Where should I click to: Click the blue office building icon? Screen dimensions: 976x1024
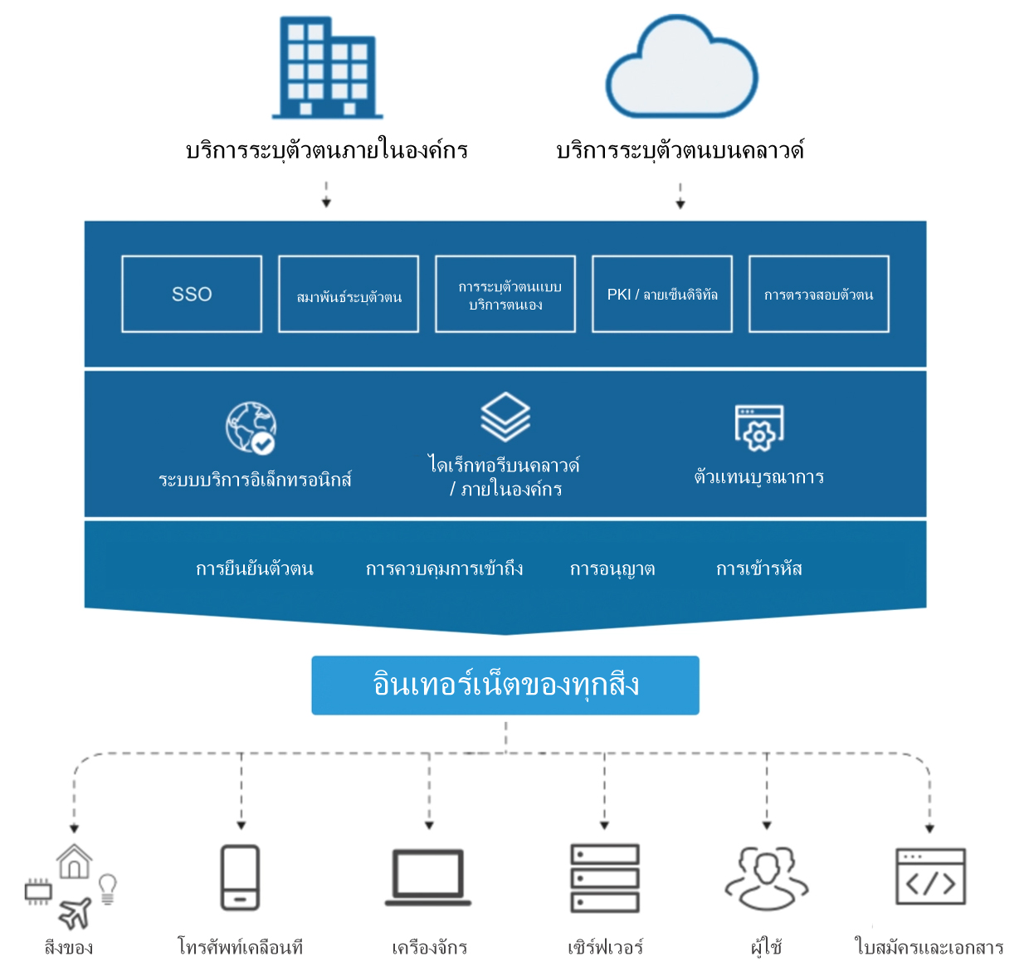[x=328, y=68]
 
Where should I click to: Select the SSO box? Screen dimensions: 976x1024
[x=192, y=294]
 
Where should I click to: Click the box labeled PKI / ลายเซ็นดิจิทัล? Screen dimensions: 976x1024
[x=662, y=294]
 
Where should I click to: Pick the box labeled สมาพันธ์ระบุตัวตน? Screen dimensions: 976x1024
[x=349, y=294]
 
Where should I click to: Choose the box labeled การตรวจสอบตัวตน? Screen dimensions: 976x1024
[x=819, y=294]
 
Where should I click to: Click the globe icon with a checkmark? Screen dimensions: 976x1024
[x=251, y=428]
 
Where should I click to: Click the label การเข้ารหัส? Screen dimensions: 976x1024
[x=759, y=569]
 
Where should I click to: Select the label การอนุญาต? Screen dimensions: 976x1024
[x=612, y=569]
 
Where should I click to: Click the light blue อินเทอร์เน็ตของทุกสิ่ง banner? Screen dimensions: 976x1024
[x=505, y=686]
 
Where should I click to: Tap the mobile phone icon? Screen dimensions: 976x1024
[x=241, y=877]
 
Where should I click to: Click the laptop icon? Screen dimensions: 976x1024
[x=428, y=877]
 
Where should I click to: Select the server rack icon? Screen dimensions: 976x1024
[x=605, y=878]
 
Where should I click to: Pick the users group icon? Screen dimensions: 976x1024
[x=767, y=878]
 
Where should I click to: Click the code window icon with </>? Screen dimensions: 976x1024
[x=930, y=877]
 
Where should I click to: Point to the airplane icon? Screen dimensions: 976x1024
[x=76, y=913]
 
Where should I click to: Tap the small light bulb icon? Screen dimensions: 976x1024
[x=107, y=888]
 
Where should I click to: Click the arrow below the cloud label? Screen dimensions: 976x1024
[x=680, y=197]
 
